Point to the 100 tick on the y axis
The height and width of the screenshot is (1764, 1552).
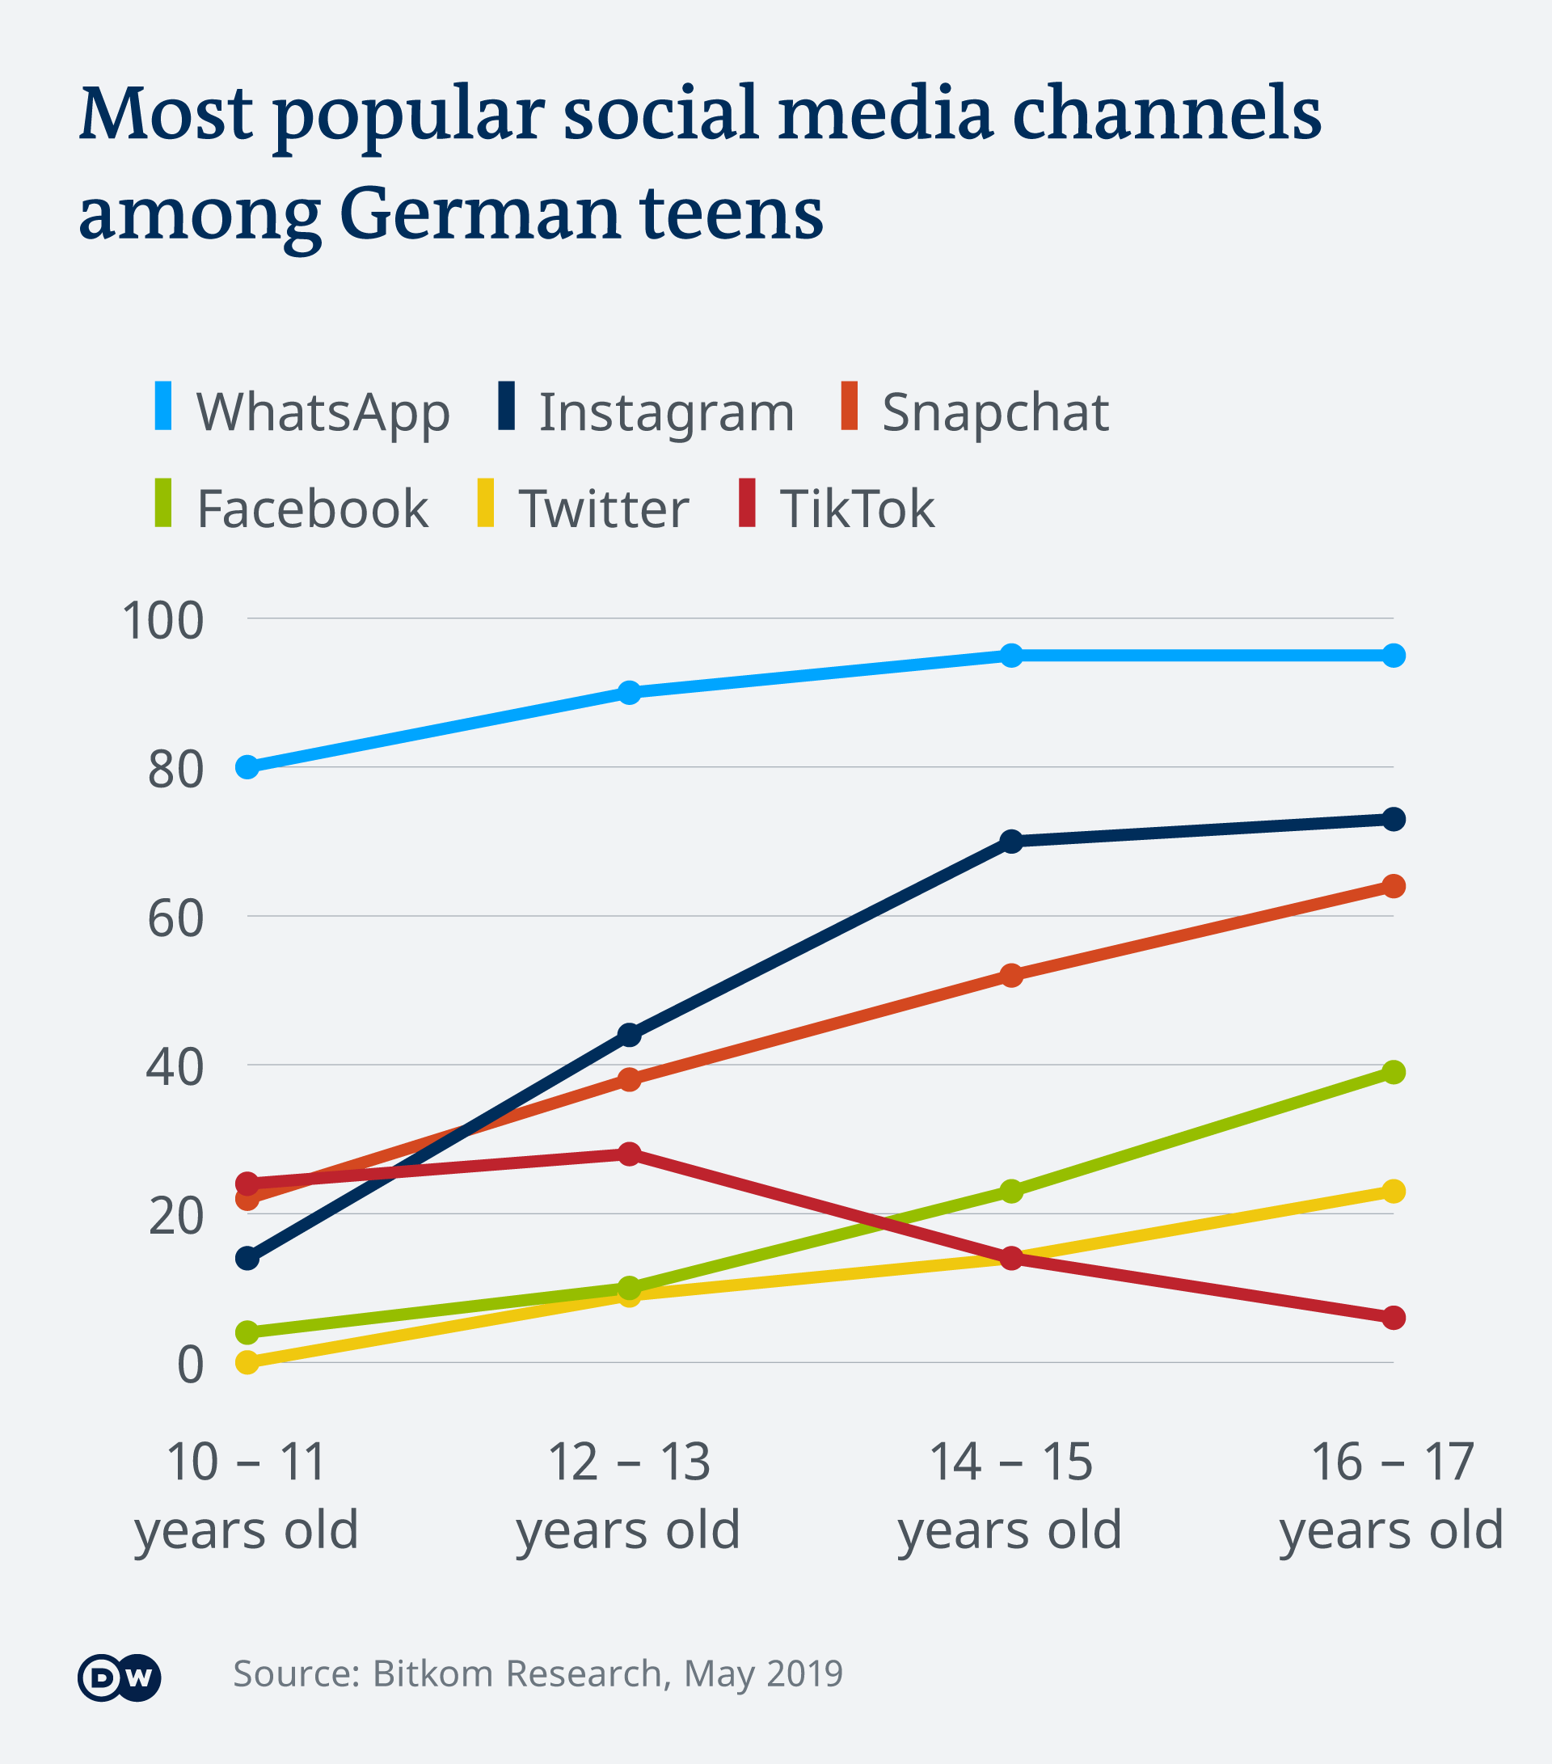point(163,621)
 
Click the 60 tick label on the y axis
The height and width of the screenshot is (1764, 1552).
point(176,918)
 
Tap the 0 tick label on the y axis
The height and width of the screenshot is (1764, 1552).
point(190,1365)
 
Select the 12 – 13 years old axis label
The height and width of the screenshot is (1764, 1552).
point(629,1496)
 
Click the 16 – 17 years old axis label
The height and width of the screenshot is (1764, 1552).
point(1391,1496)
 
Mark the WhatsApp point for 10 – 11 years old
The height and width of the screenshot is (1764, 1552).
point(247,766)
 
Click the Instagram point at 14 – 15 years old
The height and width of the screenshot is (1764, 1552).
point(1011,841)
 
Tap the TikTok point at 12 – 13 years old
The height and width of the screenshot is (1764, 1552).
point(630,1154)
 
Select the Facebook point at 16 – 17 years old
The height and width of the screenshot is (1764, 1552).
point(1394,1072)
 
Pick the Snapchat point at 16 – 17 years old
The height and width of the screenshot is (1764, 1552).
point(1394,886)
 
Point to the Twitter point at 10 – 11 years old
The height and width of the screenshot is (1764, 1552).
point(247,1362)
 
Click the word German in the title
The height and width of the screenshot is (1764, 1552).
point(480,213)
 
